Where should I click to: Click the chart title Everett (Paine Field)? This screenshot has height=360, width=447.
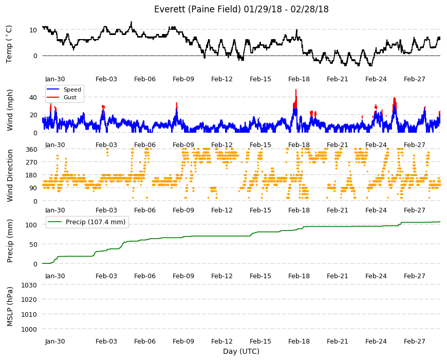click(x=198, y=9)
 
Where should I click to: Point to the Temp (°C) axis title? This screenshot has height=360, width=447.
click(x=9, y=44)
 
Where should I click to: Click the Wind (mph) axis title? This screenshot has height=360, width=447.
click(x=10, y=110)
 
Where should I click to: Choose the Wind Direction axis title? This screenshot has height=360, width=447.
click(x=10, y=175)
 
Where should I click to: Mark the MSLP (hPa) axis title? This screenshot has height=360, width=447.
click(x=10, y=307)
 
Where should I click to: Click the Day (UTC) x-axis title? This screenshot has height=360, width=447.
click(x=241, y=351)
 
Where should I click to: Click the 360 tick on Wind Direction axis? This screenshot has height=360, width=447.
click(x=31, y=150)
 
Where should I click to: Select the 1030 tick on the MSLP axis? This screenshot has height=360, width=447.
click(x=29, y=285)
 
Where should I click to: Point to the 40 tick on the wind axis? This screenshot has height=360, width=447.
click(x=33, y=98)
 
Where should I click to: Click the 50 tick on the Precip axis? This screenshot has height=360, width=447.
click(x=33, y=244)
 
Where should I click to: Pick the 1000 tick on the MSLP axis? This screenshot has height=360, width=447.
click(x=29, y=329)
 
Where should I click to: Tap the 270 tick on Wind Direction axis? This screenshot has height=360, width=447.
click(x=31, y=163)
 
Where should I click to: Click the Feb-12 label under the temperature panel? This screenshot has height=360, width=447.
click(x=222, y=79)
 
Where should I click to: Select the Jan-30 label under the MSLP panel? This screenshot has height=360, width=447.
click(x=55, y=341)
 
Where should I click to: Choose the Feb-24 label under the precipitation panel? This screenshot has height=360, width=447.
click(x=376, y=276)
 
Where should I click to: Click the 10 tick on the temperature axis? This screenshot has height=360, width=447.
click(x=33, y=30)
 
